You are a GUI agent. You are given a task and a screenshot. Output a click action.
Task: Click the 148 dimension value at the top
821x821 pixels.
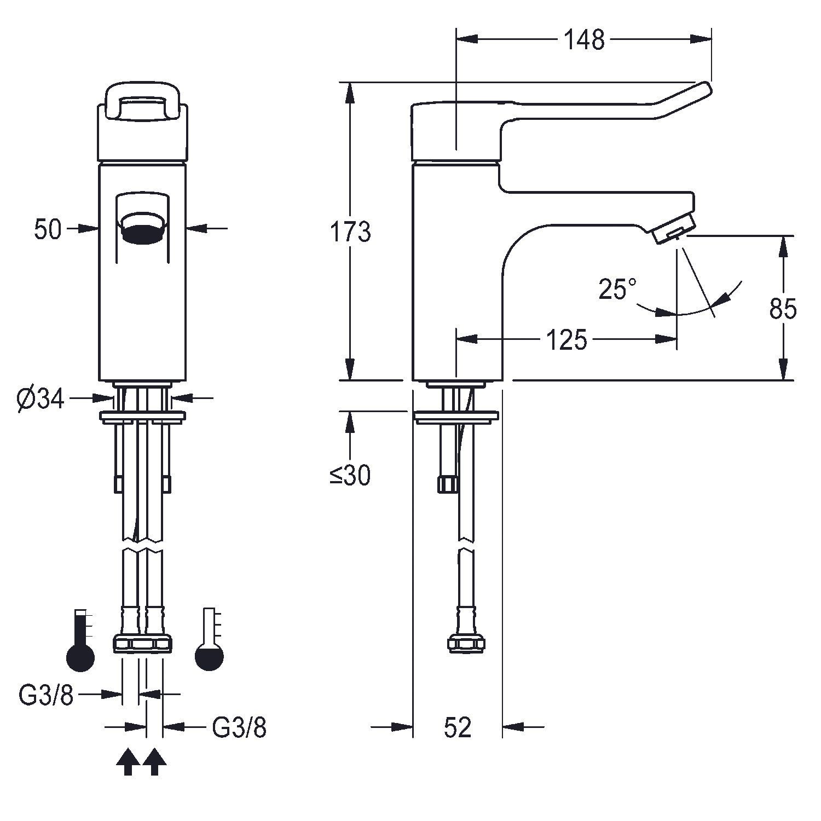584,39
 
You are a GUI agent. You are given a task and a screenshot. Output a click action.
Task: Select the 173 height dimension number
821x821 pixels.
350,232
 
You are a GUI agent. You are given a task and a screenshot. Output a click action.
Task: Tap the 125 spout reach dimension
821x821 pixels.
566,340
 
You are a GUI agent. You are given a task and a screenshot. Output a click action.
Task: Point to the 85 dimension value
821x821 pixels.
783,309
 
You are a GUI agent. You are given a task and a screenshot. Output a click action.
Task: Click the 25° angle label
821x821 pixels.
617,289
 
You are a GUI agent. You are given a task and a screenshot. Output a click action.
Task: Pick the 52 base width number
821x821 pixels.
458,727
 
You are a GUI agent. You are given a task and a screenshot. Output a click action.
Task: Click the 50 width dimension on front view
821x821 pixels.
48,229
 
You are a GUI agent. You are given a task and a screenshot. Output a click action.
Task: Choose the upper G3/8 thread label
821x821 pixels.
46,695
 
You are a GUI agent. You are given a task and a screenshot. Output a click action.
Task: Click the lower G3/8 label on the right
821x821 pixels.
239,728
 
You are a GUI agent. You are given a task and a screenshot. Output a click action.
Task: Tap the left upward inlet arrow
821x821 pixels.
128,761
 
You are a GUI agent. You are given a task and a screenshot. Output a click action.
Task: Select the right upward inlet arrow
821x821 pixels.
154,761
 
